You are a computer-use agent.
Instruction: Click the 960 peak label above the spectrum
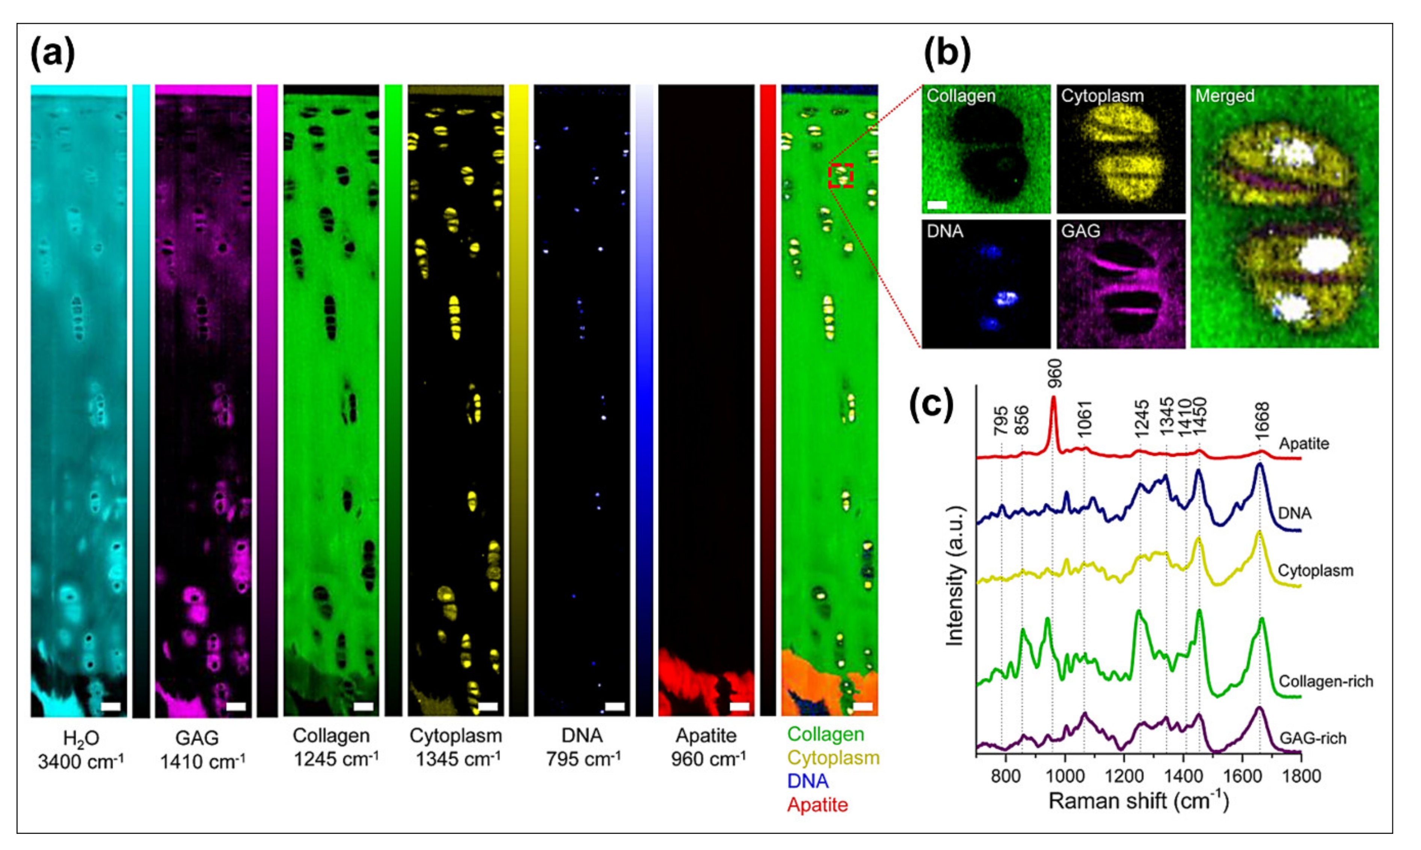pyautogui.click(x=1054, y=375)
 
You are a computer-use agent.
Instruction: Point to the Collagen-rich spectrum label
pyautogui.click(x=1326, y=681)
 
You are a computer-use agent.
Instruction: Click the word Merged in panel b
pyautogui.click(x=1225, y=96)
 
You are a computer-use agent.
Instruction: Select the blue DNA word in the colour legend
pyautogui.click(x=808, y=781)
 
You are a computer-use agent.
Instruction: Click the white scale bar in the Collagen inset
pyautogui.click(x=937, y=205)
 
